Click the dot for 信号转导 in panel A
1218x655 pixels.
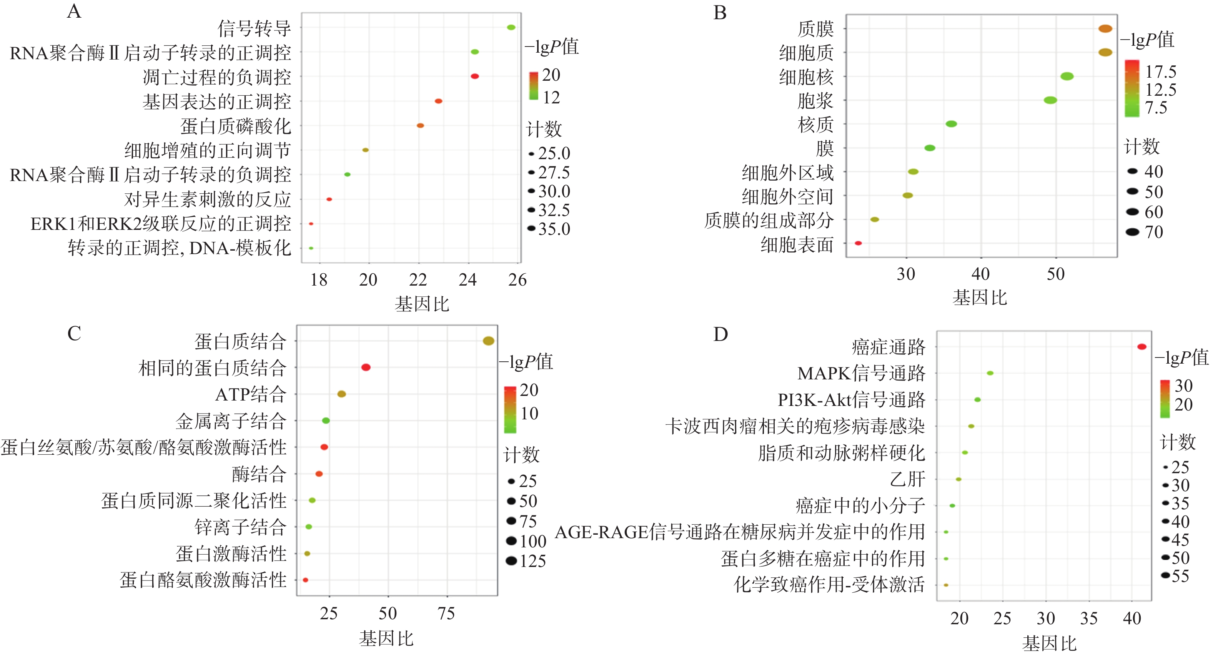511,27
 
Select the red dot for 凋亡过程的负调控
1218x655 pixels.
475,76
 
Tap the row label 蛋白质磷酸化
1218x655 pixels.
235,126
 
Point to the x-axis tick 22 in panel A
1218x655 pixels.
418,280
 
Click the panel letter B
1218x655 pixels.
720,13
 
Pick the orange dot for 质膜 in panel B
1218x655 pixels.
1105,28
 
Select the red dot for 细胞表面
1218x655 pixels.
858,243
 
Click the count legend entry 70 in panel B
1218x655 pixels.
1154,232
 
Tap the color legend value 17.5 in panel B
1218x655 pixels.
1161,72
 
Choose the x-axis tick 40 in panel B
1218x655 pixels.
981,274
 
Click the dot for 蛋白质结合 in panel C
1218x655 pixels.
488,341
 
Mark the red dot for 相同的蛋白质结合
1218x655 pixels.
366,367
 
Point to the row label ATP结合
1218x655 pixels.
251,394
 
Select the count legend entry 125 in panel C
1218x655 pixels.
532,561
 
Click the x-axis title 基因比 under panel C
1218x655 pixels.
386,638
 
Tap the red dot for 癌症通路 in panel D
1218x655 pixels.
1141,347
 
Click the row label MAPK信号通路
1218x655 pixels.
861,373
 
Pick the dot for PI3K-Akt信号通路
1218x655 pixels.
977,400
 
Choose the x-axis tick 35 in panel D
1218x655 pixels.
1088,618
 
